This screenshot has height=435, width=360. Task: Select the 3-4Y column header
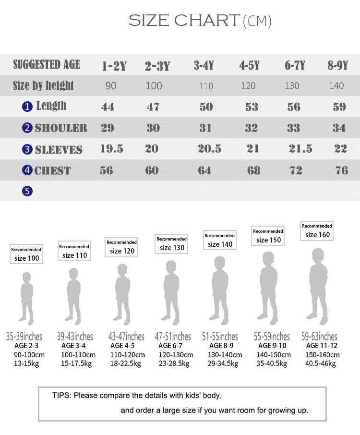point(204,66)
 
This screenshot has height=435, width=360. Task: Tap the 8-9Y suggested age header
point(338,66)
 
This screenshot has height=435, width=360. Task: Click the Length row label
point(51,106)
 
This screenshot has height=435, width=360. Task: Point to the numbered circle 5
point(27,191)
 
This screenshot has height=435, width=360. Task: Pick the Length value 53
point(252,107)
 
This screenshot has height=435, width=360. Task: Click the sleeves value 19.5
point(111,149)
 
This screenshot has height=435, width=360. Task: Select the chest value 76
point(342,170)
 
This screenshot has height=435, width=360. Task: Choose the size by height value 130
point(292,86)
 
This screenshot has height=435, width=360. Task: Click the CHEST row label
point(52,170)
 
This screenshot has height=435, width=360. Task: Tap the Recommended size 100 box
point(26,254)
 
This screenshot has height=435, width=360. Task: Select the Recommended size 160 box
point(317,230)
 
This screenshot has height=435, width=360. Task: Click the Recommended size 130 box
point(172,243)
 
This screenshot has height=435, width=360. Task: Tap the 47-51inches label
point(173,337)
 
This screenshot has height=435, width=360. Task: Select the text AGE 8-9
point(221,346)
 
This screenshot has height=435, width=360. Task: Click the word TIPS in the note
point(61,396)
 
